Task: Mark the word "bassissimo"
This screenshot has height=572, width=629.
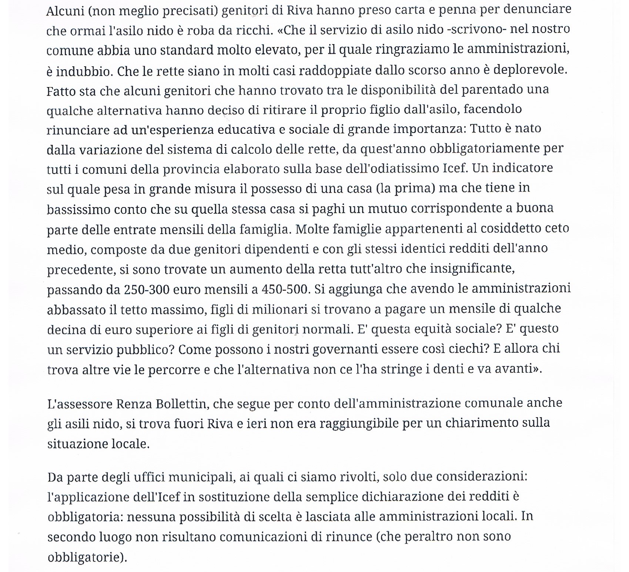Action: point(78,209)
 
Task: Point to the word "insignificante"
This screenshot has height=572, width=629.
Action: point(472,269)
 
